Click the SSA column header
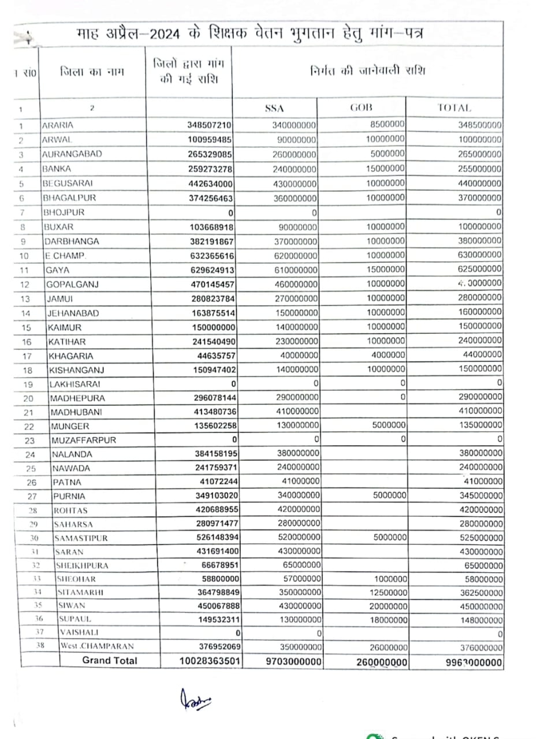coord(274,108)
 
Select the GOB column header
coord(362,107)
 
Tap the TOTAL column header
coord(454,108)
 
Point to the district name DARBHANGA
coord(72,241)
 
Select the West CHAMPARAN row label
coord(92,646)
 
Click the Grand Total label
coord(110,660)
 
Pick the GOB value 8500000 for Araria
coord(386,124)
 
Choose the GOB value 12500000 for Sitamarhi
coord(388,592)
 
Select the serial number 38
coord(40,646)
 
